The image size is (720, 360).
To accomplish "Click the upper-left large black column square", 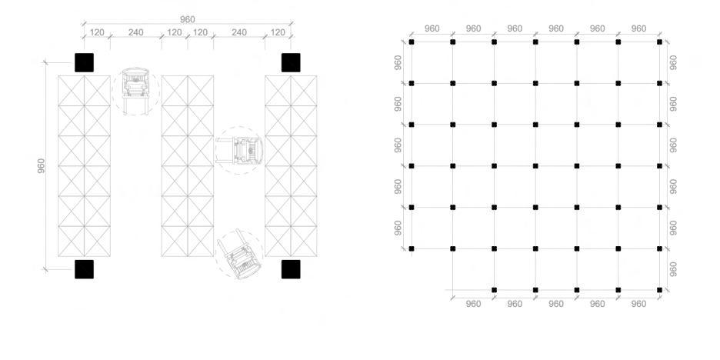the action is point(84,62).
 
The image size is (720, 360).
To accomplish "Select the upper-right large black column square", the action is point(291,62).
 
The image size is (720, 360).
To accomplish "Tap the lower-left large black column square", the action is point(84,269).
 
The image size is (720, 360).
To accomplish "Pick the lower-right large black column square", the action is point(291,269).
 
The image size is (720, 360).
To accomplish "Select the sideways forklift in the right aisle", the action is point(240,150).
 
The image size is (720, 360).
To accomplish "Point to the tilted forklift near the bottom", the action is point(241,255).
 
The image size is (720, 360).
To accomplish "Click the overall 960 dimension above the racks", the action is point(187,19).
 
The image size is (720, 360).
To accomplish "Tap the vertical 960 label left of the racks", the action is point(41,165).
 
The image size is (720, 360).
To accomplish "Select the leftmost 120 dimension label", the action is point(97,33).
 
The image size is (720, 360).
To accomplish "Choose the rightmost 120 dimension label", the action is point(278,33).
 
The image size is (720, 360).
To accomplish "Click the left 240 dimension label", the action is point(135,33).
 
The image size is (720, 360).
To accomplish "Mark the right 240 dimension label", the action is point(238,33).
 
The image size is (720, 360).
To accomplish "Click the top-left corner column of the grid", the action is point(412,42).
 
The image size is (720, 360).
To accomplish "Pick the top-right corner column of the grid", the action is point(659,42).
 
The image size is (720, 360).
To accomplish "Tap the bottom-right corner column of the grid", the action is point(659,290).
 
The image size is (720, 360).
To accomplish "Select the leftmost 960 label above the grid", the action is point(432,28).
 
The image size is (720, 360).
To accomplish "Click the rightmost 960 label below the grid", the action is point(638,304).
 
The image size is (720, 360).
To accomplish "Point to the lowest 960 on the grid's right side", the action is point(674,269).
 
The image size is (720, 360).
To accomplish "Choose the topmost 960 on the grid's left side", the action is point(398,62).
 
